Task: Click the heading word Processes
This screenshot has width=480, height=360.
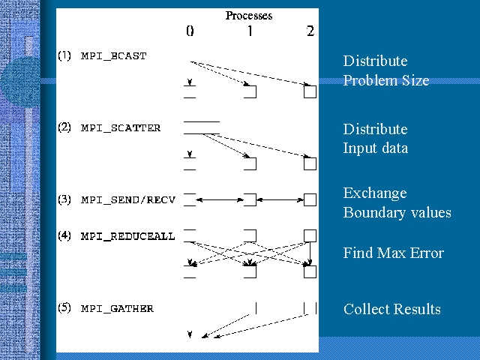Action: pos(249,16)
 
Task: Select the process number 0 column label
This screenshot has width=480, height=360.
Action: pos(190,31)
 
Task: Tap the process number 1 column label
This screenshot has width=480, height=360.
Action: pos(250,31)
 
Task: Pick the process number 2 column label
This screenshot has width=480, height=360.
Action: pos(310,31)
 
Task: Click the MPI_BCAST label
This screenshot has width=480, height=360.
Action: pos(114,56)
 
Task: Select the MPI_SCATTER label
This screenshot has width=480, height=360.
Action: pos(121,128)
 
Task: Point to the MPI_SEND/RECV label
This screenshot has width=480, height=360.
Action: pos(127,200)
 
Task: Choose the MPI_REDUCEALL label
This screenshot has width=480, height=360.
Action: pos(127,236)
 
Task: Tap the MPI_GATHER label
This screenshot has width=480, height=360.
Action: pos(117,308)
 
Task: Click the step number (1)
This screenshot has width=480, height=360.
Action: pos(65,56)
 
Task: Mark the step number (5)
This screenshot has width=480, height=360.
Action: pos(65,308)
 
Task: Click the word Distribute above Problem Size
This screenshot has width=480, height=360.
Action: pos(375,61)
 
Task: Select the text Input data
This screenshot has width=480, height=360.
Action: pos(376,148)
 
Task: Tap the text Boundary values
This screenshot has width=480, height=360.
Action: pos(397,212)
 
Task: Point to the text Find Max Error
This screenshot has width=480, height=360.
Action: pos(393,253)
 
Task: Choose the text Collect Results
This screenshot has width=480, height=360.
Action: pos(391,309)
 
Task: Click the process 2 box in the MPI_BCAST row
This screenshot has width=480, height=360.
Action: pos(310,92)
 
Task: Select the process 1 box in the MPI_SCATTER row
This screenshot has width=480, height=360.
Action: pos(250,163)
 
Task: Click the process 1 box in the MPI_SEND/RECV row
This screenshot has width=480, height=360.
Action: pos(250,199)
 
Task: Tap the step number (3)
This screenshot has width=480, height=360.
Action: pos(65,200)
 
